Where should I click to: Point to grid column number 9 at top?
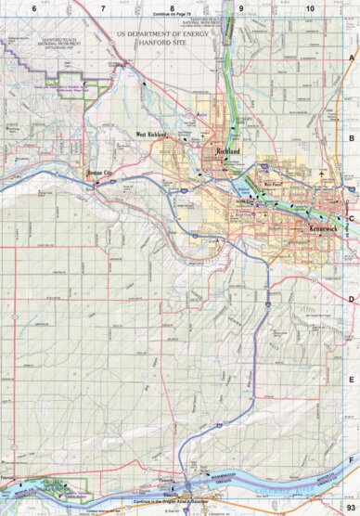[241, 7]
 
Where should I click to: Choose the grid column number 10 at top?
[310, 7]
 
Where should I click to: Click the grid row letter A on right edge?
[352, 57]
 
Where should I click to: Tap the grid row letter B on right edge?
[352, 138]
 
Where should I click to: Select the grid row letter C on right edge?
[352, 219]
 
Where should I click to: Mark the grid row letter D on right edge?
[352, 299]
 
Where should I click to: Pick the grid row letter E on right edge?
[352, 380]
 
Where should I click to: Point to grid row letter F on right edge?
[352, 460]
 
